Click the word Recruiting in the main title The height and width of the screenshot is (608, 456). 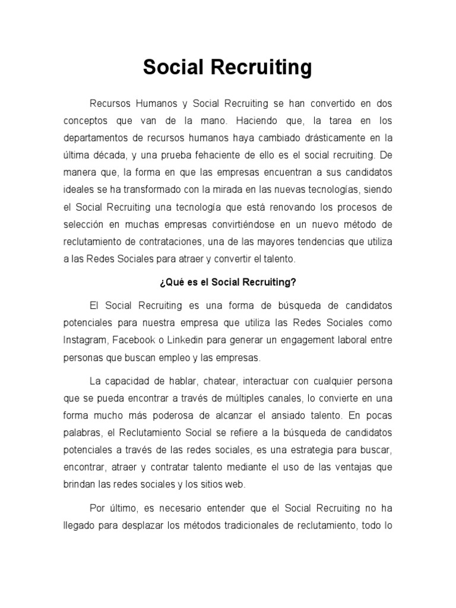[258, 68]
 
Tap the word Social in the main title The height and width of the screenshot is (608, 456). [170, 68]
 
